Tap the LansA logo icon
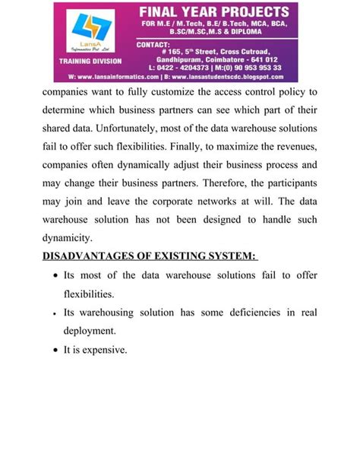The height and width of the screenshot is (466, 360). pyautogui.click(x=85, y=30)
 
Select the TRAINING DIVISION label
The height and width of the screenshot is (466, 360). pyautogui.click(x=87, y=59)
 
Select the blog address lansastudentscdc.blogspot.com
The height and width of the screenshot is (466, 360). pyautogui.click(x=240, y=77)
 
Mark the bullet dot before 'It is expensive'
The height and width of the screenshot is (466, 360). pyautogui.click(x=50, y=350)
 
